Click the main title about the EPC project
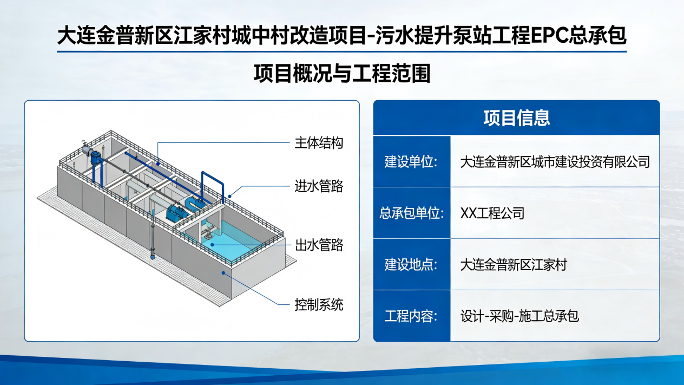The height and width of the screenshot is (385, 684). [341, 36]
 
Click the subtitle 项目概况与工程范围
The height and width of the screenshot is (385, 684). [342, 73]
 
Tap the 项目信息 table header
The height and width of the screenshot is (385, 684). [516, 118]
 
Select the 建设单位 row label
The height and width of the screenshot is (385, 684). [411, 162]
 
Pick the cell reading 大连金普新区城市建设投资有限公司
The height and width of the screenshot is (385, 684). [555, 162]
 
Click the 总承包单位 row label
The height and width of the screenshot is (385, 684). [411, 213]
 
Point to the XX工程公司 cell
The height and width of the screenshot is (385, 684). [492, 213]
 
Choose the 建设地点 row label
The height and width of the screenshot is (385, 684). [411, 264]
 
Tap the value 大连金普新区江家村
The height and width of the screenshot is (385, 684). [514, 264]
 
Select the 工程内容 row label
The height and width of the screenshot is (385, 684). [411, 316]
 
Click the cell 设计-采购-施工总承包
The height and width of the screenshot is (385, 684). [519, 316]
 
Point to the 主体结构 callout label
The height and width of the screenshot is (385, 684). [319, 143]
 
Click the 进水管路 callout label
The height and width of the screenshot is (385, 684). [319, 186]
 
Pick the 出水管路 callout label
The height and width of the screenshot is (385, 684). [319, 245]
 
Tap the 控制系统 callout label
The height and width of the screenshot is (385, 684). [319, 305]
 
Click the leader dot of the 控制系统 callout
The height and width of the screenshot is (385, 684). [223, 273]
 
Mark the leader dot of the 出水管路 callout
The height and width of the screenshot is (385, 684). [212, 245]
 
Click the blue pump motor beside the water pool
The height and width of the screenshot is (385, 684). [176, 211]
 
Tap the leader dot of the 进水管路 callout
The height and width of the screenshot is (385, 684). [229, 196]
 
